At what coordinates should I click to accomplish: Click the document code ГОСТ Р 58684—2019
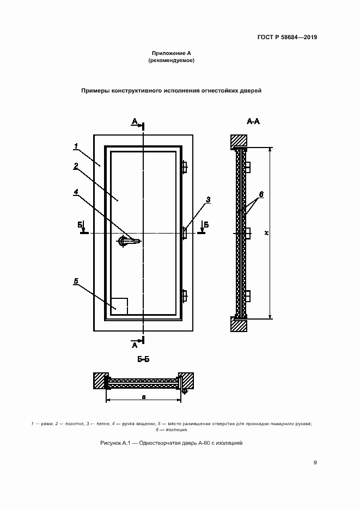pyautogui.click(x=286, y=38)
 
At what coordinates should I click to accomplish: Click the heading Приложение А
pyautogui.click(x=171, y=53)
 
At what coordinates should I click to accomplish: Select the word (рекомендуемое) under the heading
pyautogui.click(x=171, y=61)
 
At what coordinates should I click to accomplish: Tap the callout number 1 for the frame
pyautogui.click(x=77, y=145)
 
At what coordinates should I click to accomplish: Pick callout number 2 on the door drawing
pyautogui.click(x=77, y=165)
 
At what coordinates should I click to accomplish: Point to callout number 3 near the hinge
pyautogui.click(x=208, y=200)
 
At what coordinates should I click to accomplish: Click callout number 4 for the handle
pyautogui.click(x=77, y=191)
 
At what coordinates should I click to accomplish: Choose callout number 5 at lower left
pyautogui.click(x=77, y=281)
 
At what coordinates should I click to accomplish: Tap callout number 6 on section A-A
pyautogui.click(x=261, y=194)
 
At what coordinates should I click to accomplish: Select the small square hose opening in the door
pyautogui.click(x=119, y=306)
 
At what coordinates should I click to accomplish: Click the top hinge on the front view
pyautogui.click(x=184, y=167)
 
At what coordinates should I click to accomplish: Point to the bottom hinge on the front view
pyautogui.click(x=184, y=296)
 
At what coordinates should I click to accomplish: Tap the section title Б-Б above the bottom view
pyautogui.click(x=144, y=360)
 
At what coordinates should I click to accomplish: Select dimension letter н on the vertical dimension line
pyautogui.click(x=266, y=232)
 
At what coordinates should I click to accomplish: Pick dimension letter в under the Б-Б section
pyautogui.click(x=143, y=397)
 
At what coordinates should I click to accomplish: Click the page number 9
pyautogui.click(x=315, y=463)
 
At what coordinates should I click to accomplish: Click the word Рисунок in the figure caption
pyautogui.click(x=112, y=443)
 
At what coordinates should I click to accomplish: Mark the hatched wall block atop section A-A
pyautogui.click(x=238, y=141)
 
